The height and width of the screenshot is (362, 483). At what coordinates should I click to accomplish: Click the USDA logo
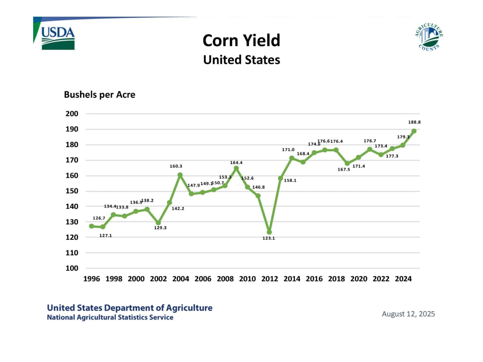[x=58, y=38]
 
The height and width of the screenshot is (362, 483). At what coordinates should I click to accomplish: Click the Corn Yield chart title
[x=241, y=40]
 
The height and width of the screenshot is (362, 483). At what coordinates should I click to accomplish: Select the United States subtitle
[x=241, y=60]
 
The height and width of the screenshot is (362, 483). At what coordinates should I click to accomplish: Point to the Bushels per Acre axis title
[x=100, y=94]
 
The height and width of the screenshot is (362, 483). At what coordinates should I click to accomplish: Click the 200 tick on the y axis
[x=72, y=114]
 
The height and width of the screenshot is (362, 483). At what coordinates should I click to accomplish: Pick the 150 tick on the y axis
[x=72, y=191]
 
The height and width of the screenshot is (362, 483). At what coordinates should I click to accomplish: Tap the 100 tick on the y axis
[x=72, y=268]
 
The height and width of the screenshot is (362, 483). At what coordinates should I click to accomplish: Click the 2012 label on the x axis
[x=269, y=279]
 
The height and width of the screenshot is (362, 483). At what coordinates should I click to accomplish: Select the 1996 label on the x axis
[x=91, y=279]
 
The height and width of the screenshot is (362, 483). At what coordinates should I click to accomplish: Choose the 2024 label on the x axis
[x=403, y=279]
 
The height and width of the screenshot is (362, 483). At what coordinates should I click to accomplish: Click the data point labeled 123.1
[x=269, y=232]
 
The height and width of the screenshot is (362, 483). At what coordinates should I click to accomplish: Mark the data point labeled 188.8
[x=414, y=131]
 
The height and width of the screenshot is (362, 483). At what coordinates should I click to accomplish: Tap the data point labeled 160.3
[x=180, y=175]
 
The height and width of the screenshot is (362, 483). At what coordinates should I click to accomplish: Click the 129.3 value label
[x=160, y=228]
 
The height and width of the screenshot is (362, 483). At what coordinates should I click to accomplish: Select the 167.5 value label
[x=344, y=169]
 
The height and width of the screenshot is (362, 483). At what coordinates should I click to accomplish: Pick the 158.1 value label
[x=290, y=180]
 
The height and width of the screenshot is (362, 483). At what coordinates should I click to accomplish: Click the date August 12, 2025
[x=408, y=314]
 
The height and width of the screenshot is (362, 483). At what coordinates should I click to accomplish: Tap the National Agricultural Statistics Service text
[x=110, y=317]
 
